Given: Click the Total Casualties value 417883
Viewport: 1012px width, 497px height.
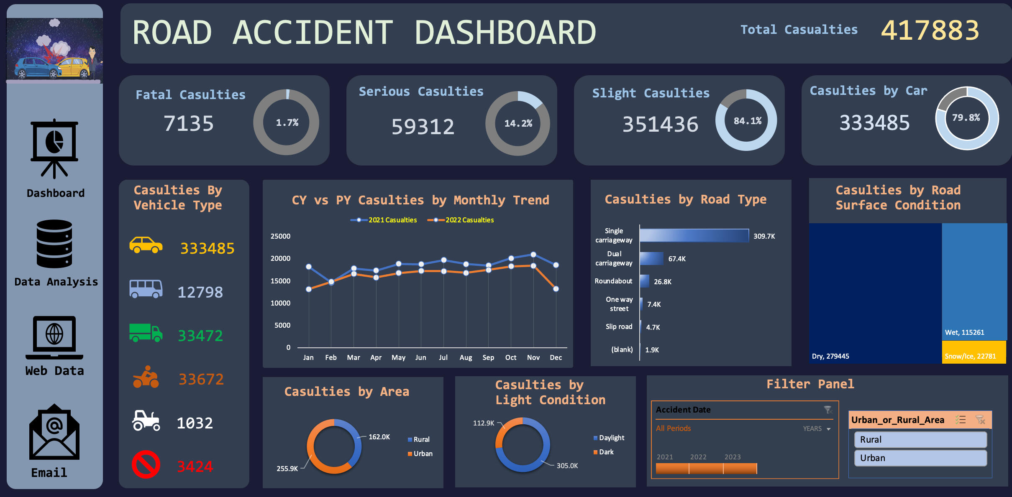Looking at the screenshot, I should point(930,31).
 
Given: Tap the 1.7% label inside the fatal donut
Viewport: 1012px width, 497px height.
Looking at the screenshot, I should point(287,122).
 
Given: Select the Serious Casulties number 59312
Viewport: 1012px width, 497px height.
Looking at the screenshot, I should point(423,126).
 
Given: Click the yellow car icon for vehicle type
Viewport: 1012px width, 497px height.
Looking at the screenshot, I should point(146,245).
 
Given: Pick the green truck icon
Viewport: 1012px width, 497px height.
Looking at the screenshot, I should point(146,333).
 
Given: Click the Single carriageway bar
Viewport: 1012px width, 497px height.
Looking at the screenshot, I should point(694,236).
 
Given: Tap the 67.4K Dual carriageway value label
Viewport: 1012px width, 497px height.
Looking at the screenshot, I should point(676,259).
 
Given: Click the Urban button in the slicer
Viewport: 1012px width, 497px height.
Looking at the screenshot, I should point(920,458).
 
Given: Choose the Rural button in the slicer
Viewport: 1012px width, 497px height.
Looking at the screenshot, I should point(920,440).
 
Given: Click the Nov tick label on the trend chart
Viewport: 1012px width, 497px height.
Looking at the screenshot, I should point(533,357).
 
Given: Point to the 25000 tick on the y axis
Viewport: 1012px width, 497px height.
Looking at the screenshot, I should point(280,236).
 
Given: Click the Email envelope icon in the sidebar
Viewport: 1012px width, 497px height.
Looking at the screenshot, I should point(54,432).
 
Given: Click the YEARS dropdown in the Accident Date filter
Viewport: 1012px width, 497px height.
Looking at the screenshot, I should point(816,429).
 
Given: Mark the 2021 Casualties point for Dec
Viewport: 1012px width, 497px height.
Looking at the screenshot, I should point(556,265).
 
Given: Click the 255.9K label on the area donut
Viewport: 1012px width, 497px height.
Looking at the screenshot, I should point(287,469).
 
